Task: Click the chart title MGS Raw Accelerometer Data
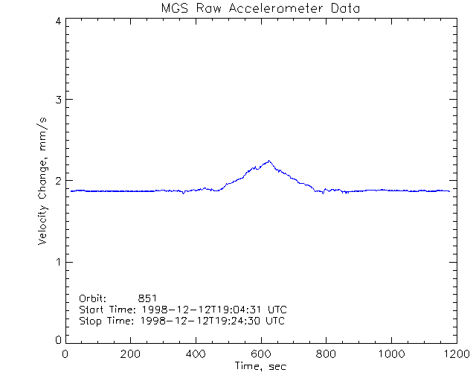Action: pyautogui.click(x=260, y=8)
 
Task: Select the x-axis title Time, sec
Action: pyautogui.click(x=260, y=366)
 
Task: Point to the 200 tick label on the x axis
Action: pyautogui.click(x=130, y=353)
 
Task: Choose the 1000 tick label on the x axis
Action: pyautogui.click(x=390, y=353)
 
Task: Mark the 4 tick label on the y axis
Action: pyautogui.click(x=58, y=21)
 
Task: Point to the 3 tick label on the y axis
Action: pyautogui.click(x=58, y=100)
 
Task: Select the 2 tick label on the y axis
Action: pyautogui.click(x=58, y=181)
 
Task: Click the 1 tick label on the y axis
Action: pyautogui.click(x=58, y=261)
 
